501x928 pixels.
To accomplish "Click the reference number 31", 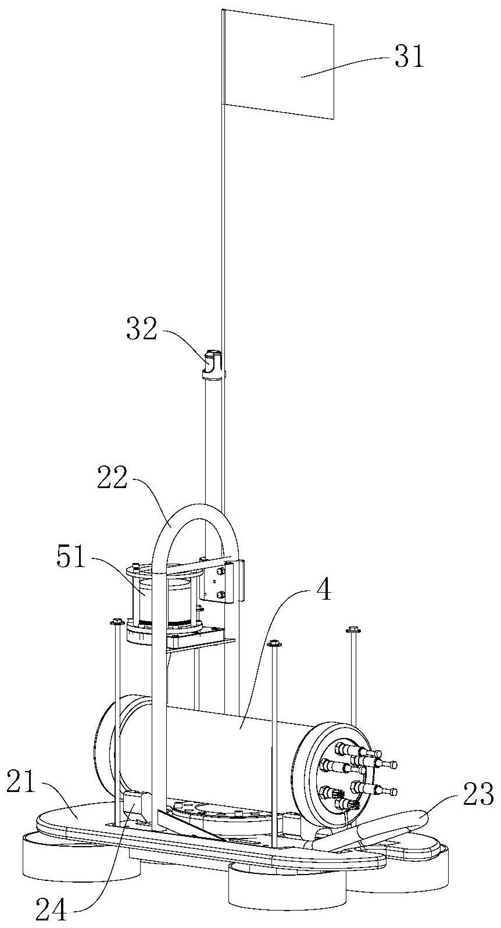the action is click(409, 56).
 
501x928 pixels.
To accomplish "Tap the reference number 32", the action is click(142, 330).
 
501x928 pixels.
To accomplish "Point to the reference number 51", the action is click(71, 557).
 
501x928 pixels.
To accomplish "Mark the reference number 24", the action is click(51, 914).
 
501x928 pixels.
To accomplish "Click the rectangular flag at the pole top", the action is click(278, 65).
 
